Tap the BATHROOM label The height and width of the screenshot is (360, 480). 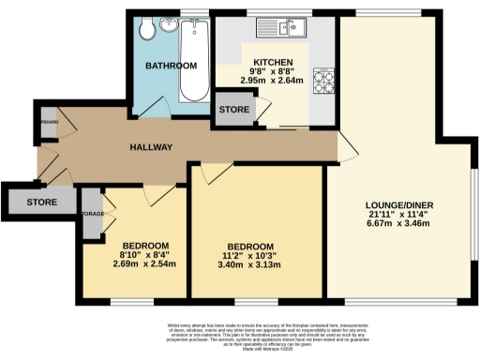170,66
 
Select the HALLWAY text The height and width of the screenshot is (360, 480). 151,148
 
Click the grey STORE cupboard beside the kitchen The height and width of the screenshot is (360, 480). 234,110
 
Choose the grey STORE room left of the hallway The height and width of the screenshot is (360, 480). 41,201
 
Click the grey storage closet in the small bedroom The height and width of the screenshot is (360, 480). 91,212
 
